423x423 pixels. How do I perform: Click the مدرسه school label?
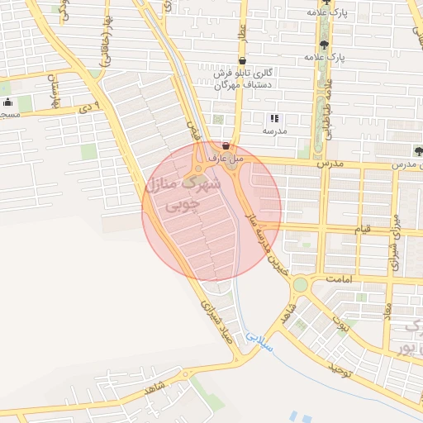pyautogui.click(x=274, y=131)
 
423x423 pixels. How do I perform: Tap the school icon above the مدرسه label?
pyautogui.click(x=274, y=119)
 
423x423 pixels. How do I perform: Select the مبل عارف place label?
pyautogui.click(x=224, y=157)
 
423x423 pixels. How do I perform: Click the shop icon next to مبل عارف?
pyautogui.click(x=226, y=145)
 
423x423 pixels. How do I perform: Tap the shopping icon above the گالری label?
pyautogui.click(x=241, y=61)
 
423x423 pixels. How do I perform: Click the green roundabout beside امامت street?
pyautogui.click(x=299, y=285)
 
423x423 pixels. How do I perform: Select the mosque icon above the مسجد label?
pyautogui.click(x=7, y=102)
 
